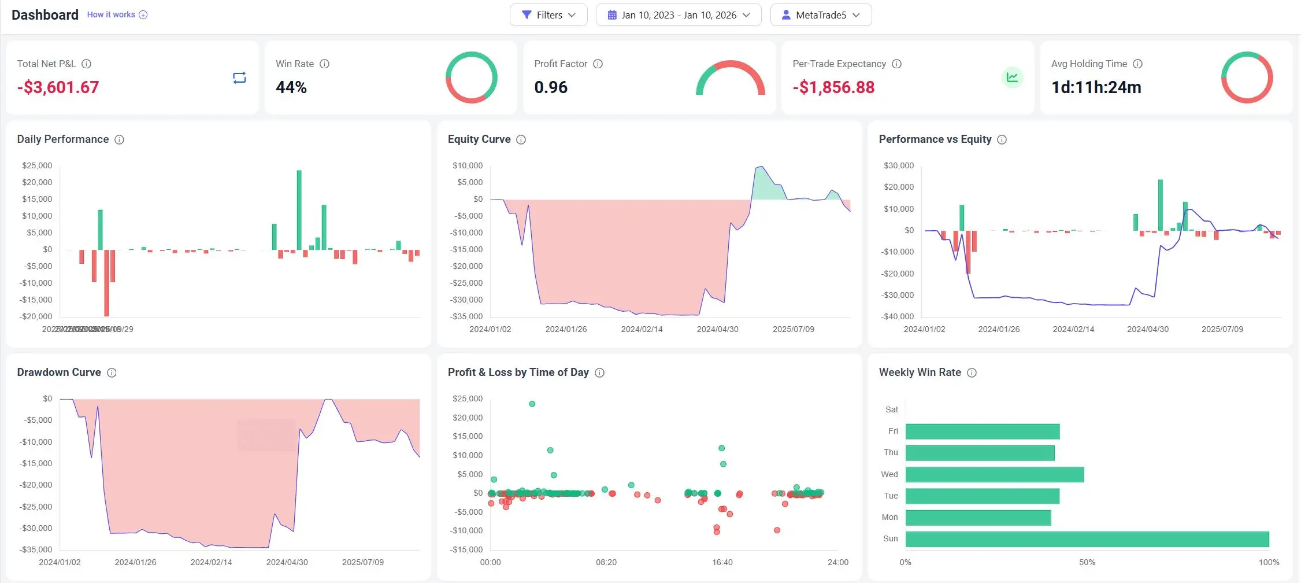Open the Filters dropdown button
(548, 15)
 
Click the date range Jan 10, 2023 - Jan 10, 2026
(679, 15)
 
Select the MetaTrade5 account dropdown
(821, 15)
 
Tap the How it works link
(111, 14)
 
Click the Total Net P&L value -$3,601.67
(58, 87)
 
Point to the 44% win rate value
(291, 87)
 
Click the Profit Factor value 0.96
(551, 87)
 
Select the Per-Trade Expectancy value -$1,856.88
(833, 87)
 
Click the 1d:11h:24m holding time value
(1096, 87)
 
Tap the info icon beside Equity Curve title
(521, 139)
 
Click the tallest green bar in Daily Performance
(299, 209)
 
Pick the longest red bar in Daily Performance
(106, 283)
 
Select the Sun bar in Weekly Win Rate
(1087, 539)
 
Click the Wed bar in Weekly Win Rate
(994, 475)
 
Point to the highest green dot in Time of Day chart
(532, 404)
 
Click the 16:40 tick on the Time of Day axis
(722, 562)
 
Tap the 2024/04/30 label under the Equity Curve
(717, 329)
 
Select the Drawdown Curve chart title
(59, 372)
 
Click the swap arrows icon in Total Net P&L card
(239, 78)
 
